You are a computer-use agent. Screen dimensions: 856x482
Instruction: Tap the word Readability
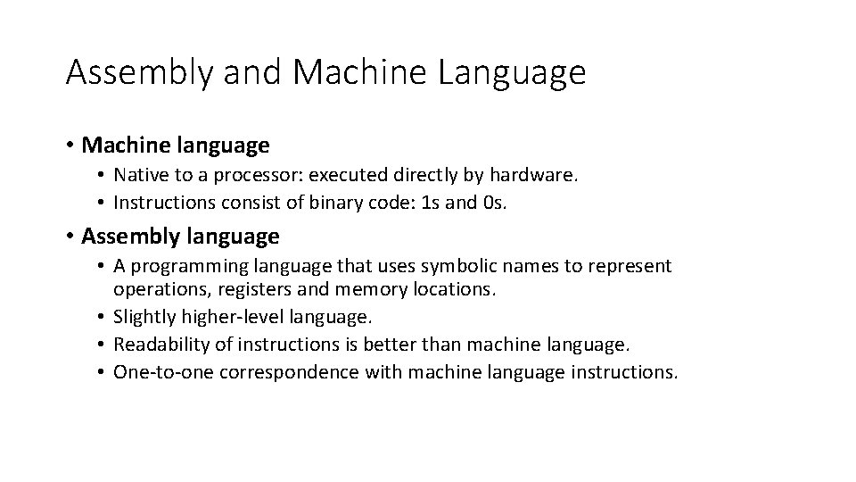pos(159,344)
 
